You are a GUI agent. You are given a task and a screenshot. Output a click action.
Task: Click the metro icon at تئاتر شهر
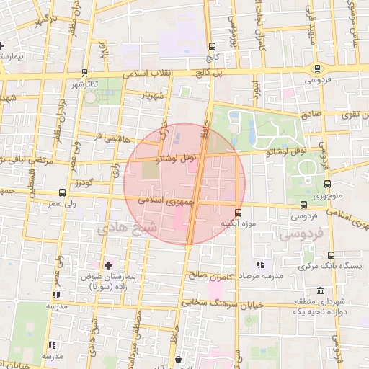click(x=85, y=72)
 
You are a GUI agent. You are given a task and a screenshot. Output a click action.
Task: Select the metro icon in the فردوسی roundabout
click(x=316, y=68)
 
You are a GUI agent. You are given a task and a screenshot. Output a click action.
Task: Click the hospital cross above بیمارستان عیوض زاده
click(x=109, y=265)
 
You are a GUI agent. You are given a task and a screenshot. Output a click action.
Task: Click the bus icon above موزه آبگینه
click(x=239, y=213)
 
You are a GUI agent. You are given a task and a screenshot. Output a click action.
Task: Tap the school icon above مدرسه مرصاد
click(x=260, y=264)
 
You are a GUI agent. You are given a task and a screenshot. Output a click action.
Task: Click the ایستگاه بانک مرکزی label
click(x=335, y=266)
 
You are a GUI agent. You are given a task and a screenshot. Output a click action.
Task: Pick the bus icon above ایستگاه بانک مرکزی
click(x=331, y=255)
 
